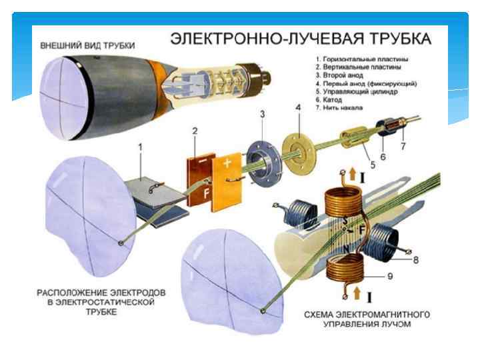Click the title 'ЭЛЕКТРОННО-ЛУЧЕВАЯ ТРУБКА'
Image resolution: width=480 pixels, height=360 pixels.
tap(298, 39)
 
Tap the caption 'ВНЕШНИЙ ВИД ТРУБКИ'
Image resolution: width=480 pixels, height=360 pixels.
tap(87, 46)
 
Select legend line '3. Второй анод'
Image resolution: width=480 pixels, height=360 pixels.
tap(343, 76)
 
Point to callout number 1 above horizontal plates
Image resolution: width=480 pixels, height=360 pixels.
tap(140, 146)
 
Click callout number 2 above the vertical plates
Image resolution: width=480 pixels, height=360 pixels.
tap(195, 131)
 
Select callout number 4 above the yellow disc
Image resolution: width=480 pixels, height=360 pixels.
tap(299, 107)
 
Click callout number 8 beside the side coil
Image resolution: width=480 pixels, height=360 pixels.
tap(415, 260)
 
